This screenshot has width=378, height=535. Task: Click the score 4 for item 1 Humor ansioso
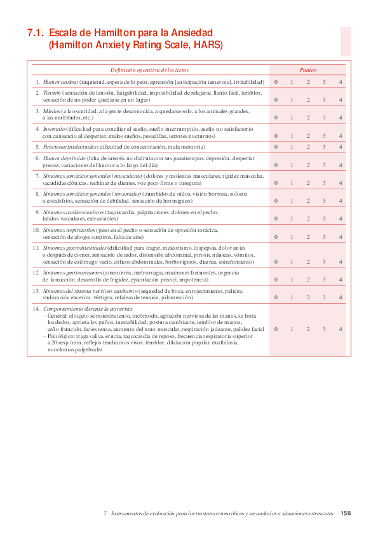pos(341,82)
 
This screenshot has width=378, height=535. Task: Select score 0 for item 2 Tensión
pos(276,100)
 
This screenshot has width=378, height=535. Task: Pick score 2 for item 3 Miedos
pos(308,118)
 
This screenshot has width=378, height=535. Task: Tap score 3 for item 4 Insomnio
pos(324,135)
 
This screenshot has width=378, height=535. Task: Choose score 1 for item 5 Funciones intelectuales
pos(292,147)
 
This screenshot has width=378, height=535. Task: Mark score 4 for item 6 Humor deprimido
pos(341,165)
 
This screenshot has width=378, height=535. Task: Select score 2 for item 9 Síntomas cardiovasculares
pos(308,219)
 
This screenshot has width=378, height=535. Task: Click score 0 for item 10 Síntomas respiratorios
pos(276,236)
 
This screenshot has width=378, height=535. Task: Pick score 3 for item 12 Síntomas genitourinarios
pos(324,279)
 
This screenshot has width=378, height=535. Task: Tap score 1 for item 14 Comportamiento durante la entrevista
pos(292,329)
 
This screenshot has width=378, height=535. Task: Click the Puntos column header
pos(308,70)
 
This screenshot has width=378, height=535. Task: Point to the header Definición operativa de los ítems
pos(149,70)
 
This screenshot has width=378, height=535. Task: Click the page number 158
pos(346,513)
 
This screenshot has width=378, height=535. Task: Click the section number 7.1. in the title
pos(36,32)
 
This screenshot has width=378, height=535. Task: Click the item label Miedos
pos(51,111)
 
